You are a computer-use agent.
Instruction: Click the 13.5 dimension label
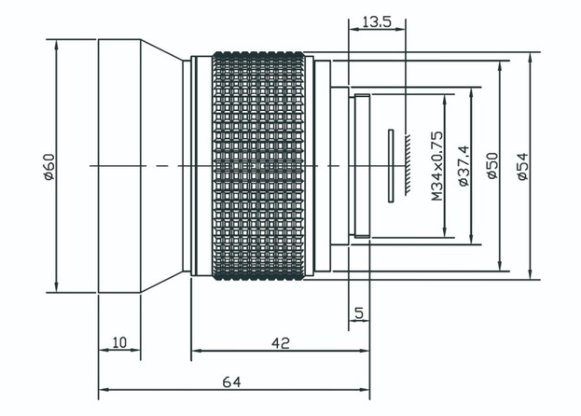tap(377, 21)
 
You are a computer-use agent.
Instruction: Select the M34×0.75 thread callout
tap(437, 166)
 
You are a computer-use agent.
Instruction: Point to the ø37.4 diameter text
tap(463, 166)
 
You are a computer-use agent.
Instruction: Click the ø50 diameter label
tap(492, 166)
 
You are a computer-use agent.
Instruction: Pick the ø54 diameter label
tap(523, 166)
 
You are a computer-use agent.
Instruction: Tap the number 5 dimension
tap(359, 313)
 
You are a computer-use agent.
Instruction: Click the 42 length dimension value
tap(281, 343)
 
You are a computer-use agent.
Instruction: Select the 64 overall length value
tap(231, 381)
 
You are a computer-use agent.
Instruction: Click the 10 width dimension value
tap(119, 342)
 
